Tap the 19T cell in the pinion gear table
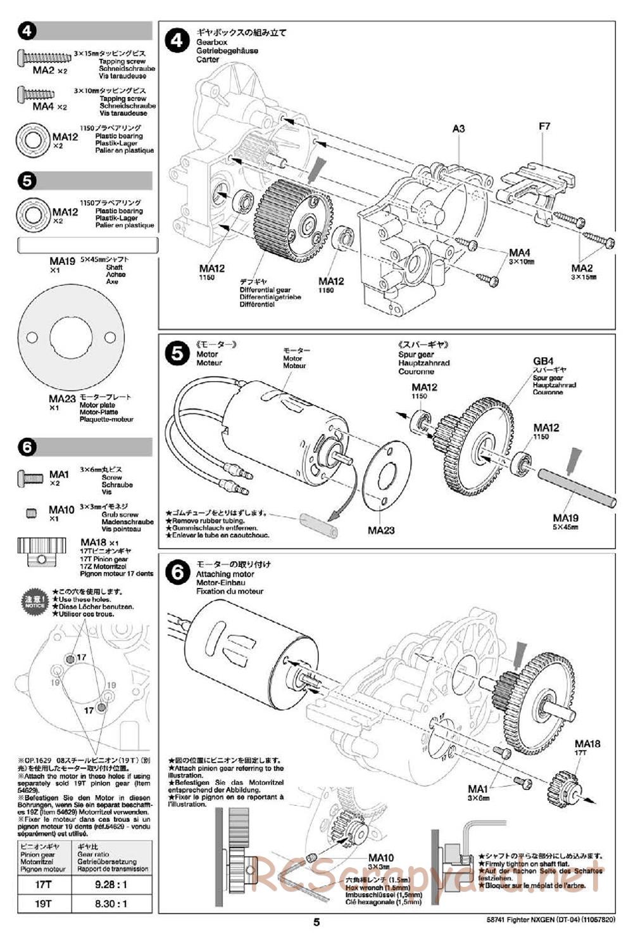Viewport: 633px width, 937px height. click(x=43, y=904)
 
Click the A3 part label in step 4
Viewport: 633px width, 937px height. click(x=459, y=129)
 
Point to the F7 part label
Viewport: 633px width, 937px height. click(x=544, y=127)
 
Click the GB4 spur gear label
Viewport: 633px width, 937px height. click(x=543, y=362)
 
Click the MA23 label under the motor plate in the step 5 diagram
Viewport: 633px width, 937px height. click(x=381, y=530)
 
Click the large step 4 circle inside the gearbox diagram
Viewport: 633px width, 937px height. click(x=177, y=41)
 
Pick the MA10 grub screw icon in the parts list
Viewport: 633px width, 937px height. click(x=32, y=513)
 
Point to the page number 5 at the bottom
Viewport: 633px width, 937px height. click(x=316, y=922)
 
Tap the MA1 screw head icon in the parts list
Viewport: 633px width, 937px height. click(x=29, y=476)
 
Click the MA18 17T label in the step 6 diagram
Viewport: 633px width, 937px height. click(x=587, y=747)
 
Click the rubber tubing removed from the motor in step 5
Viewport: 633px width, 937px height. click(x=318, y=526)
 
